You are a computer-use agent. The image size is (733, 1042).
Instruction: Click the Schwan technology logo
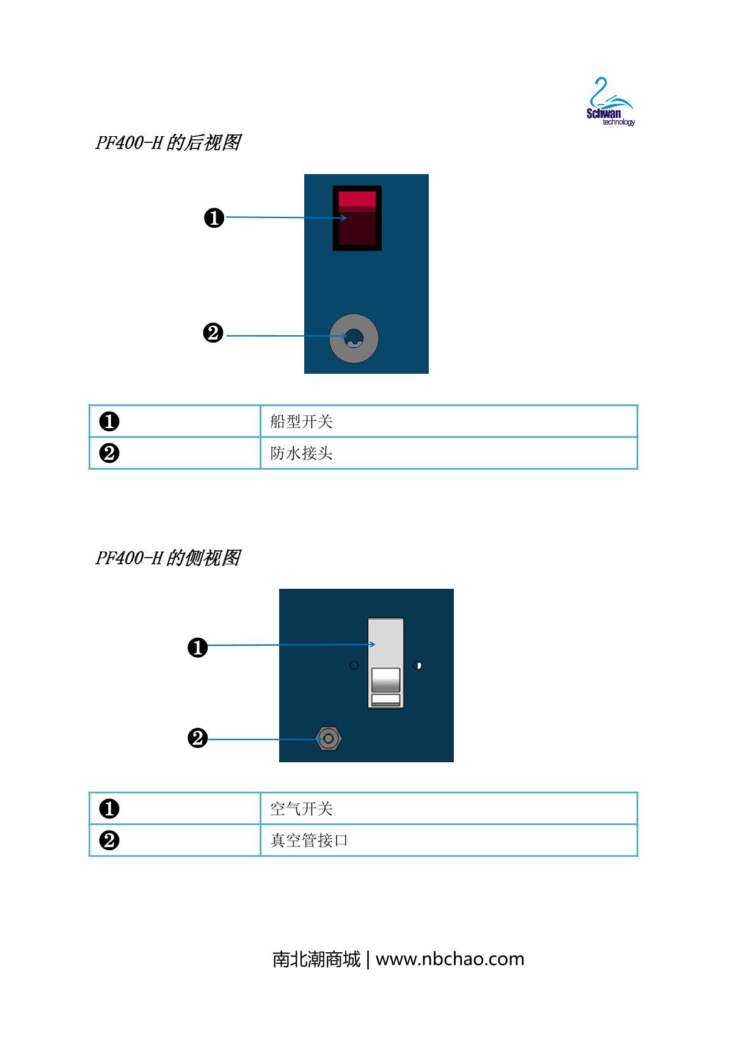pos(609,103)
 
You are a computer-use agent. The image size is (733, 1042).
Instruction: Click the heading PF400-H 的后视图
pos(167,143)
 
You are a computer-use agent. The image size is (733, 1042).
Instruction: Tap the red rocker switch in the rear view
pos(357,217)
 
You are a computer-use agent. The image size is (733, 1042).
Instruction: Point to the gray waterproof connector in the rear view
pos(354,338)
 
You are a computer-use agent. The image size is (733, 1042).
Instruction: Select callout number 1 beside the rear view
pos(214,217)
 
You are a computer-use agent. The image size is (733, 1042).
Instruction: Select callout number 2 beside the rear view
pos(213,334)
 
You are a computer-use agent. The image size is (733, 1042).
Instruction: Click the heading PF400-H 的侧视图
pos(167,558)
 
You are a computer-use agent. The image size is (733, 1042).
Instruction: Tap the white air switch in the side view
pos(385,663)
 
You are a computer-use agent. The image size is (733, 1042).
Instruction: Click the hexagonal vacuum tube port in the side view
pos(329,739)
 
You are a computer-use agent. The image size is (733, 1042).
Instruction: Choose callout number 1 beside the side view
pos(197,647)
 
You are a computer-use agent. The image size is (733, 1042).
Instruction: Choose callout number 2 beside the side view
pos(197,738)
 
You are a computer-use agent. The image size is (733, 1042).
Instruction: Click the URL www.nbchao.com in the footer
pos(450,959)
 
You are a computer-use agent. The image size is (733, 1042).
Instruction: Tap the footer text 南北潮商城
pos(316,959)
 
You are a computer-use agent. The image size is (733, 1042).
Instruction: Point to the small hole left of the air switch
pos(354,665)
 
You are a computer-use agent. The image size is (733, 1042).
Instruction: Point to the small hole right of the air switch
pos(418,665)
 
